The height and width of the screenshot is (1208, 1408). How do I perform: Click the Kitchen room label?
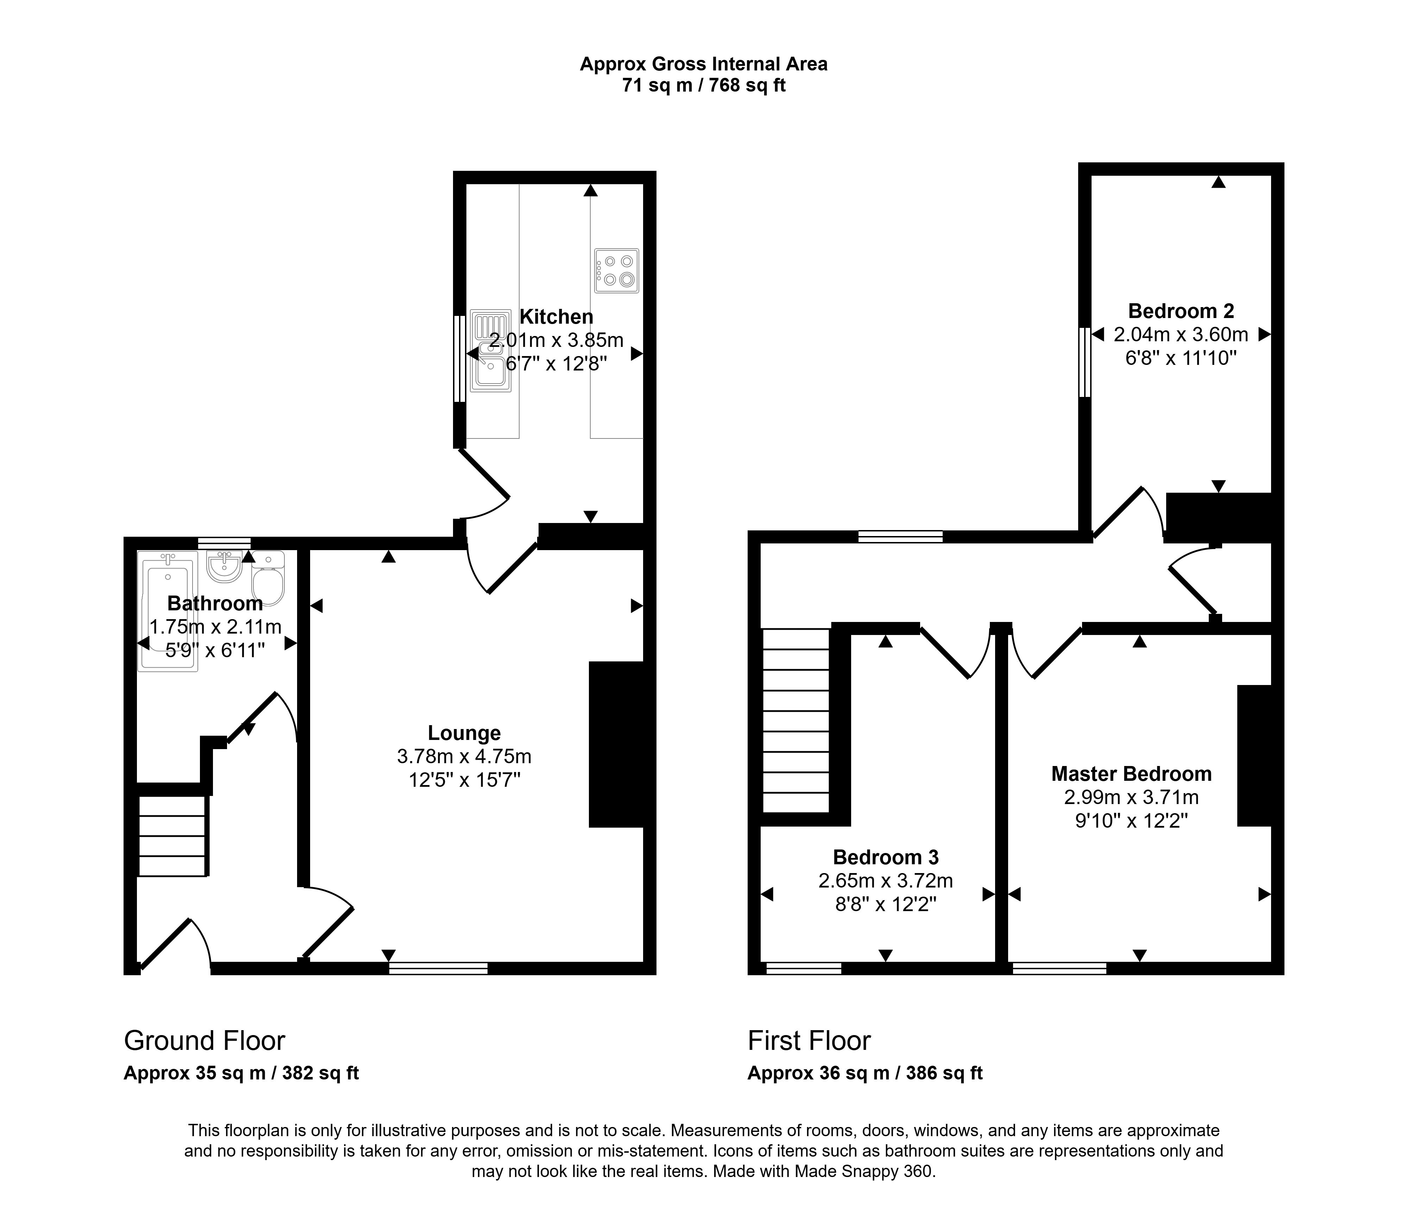coord(556,317)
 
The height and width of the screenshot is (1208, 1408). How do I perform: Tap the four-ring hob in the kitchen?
coord(616,270)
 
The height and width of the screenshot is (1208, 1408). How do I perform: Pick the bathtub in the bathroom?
coord(168,611)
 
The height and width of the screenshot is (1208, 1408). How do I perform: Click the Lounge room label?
coord(464,733)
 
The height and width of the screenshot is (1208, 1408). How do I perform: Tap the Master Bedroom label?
coord(1131,774)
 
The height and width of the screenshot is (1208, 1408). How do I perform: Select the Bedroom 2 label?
coord(1181,311)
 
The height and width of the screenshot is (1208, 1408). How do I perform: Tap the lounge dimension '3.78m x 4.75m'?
coord(464,756)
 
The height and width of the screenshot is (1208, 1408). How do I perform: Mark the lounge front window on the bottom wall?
coord(438,968)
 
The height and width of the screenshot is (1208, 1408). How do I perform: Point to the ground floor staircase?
coord(172,836)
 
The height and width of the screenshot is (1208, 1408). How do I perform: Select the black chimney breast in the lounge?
coord(616,745)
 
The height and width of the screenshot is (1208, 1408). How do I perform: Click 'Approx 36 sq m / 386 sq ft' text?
coord(865,1073)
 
